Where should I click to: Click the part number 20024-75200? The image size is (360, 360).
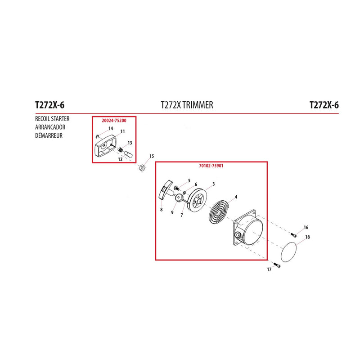tap(114, 121)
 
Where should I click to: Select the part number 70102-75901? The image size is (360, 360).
tap(211, 166)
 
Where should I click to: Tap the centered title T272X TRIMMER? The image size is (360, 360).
tap(187, 105)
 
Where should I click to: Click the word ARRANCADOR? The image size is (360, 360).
tap(50, 127)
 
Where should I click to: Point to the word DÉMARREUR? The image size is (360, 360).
tap(49, 135)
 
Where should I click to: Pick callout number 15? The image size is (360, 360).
tap(152, 156)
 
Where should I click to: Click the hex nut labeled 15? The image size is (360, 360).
tap(142, 167)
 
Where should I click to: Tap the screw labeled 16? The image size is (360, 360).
tap(294, 234)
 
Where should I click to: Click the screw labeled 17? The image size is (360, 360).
tap(277, 265)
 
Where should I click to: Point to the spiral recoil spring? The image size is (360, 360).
tap(219, 211)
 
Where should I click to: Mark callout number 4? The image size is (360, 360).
tap(236, 197)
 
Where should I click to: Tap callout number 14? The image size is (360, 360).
tap(111, 129)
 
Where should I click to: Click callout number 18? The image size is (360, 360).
tap(307, 237)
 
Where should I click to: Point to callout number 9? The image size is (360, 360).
tap(172, 212)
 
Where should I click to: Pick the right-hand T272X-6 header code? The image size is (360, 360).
tap(324, 105)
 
